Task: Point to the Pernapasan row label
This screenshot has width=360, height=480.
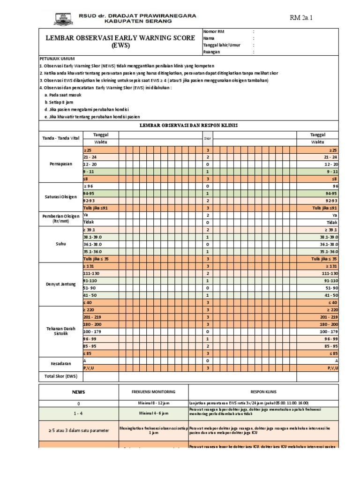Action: coord(60,165)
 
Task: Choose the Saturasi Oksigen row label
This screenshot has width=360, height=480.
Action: coord(60,197)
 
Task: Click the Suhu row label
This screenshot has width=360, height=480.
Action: coord(60,244)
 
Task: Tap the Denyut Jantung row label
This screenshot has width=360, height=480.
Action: coord(60,284)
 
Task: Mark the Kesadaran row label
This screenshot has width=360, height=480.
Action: coord(60,364)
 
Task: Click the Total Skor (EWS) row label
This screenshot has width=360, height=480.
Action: coord(60,376)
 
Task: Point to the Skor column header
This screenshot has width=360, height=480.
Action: coord(207,138)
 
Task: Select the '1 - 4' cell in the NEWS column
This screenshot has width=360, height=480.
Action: coord(78,413)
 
